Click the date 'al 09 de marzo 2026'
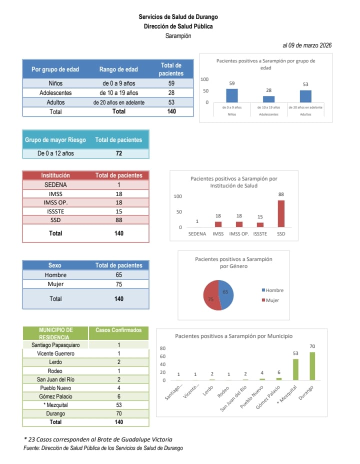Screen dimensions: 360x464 tap(307, 45)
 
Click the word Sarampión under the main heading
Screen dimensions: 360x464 tap(178, 36)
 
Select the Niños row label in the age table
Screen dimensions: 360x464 tap(55, 83)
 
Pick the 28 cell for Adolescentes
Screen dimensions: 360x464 tap(171, 92)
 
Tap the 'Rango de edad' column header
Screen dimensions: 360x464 tap(118, 69)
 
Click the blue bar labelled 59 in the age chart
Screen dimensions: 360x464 tap(232, 95)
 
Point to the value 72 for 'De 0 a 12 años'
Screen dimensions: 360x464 tap(119, 153)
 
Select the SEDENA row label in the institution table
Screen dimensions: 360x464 tap(55, 184)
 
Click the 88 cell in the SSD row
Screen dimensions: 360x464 tap(119, 220)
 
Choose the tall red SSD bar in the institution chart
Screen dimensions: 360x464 tap(281, 213)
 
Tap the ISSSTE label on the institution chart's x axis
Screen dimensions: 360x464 tap(260, 234)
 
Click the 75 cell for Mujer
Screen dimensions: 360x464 tap(119, 284)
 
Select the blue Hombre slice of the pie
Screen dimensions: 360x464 tap(226, 294)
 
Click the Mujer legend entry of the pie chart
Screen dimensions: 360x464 tap(270, 300)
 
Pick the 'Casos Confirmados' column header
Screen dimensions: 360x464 tap(118, 330)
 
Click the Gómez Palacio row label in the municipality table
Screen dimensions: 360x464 tap(55, 396)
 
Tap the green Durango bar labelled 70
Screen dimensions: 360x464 tap(312, 366)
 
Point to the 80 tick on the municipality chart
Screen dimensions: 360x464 tap(162, 348)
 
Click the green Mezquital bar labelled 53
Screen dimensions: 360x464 tap(295, 369)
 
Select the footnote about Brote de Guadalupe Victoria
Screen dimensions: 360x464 tap(98, 439)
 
